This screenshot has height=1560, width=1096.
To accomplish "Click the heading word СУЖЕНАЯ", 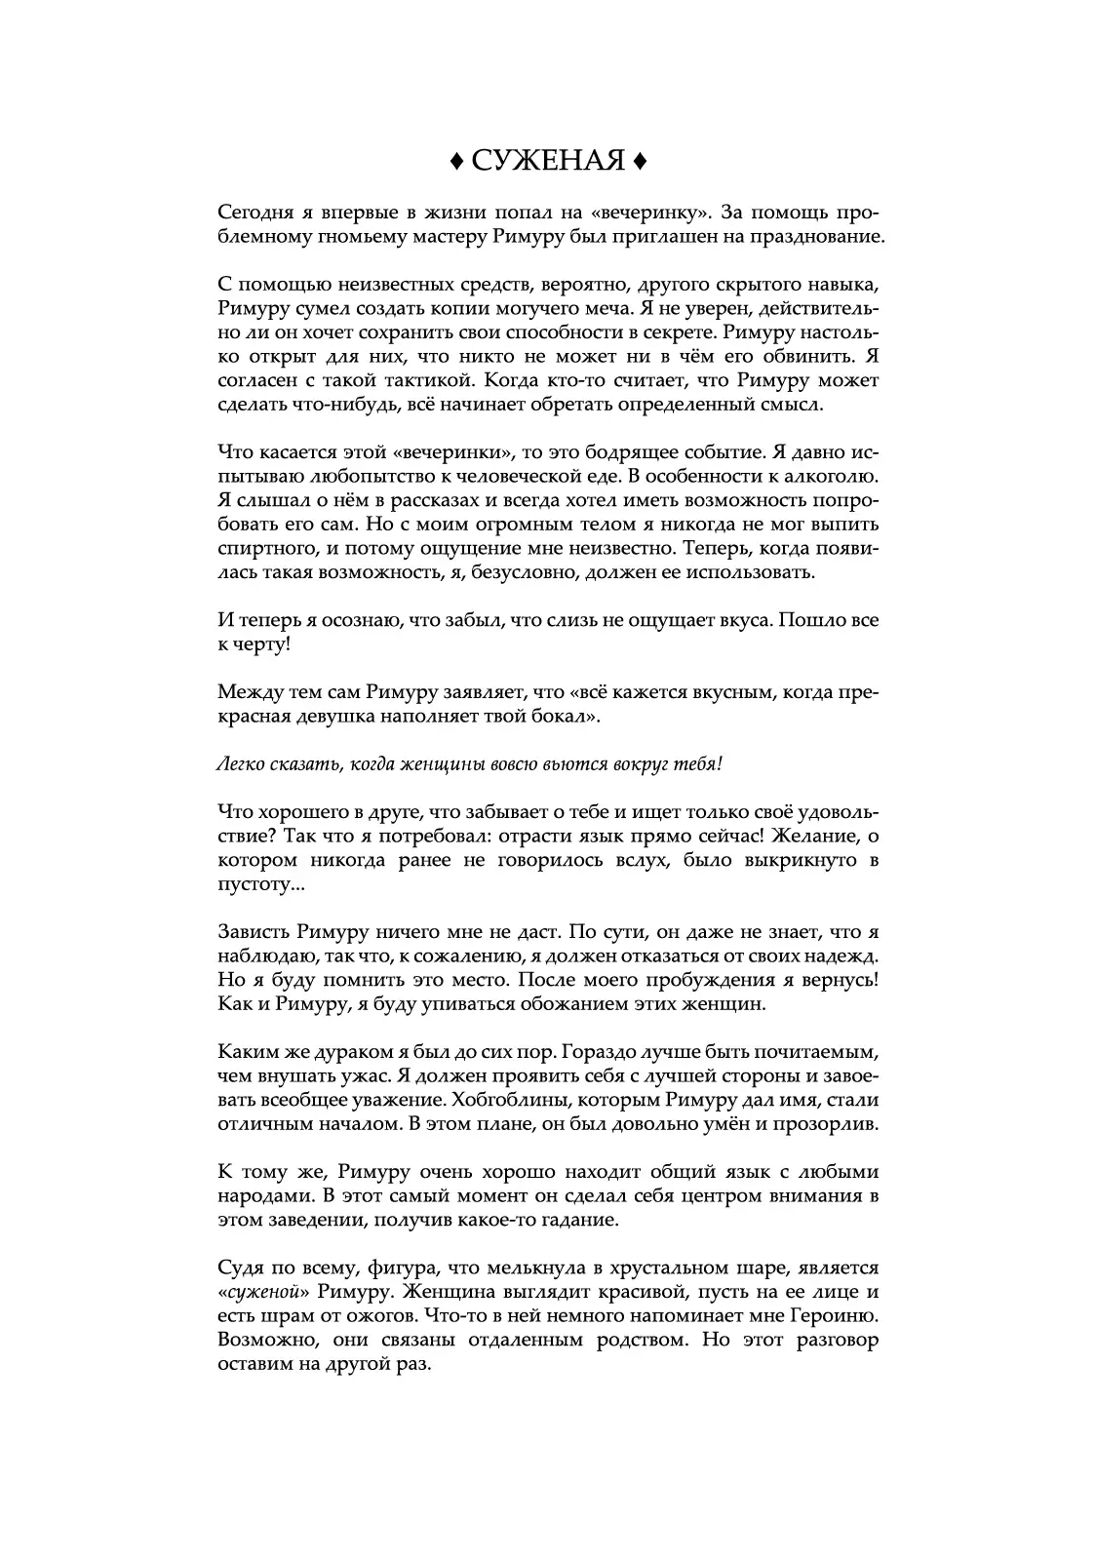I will (x=548, y=160).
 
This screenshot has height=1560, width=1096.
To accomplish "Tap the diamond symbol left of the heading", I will (x=456, y=160).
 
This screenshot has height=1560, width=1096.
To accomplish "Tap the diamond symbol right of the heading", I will (x=639, y=160).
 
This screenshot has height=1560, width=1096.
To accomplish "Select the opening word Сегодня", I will (x=253, y=213).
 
